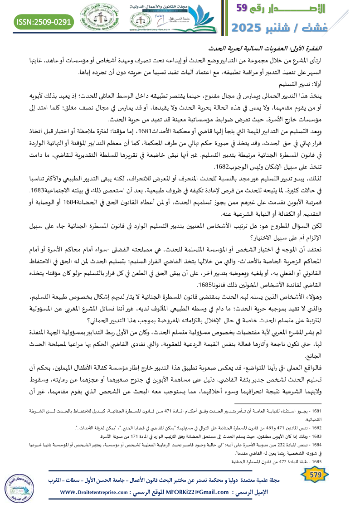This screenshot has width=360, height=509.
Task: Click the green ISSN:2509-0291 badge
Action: tap(44, 22)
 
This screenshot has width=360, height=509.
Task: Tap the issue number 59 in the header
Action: tap(247, 8)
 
